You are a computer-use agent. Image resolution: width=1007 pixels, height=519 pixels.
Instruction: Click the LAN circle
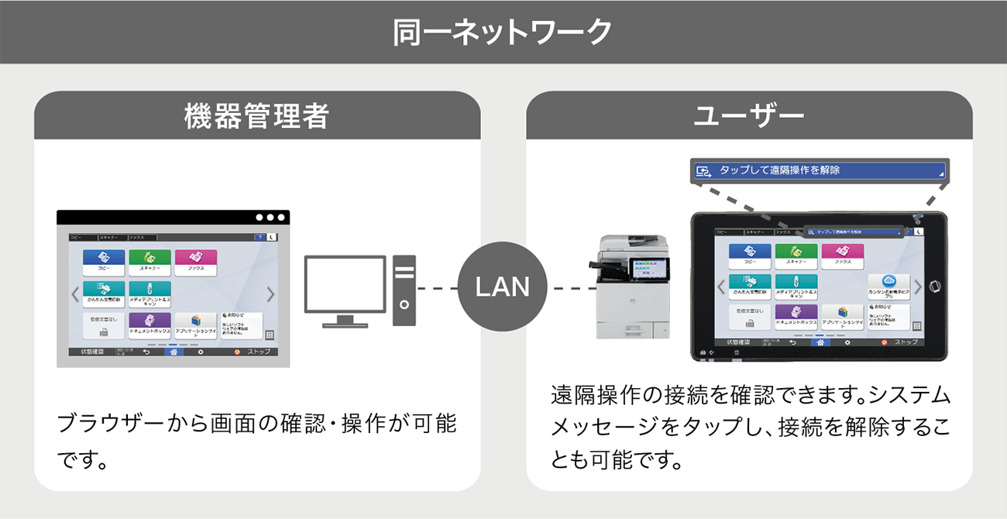pos(502,287)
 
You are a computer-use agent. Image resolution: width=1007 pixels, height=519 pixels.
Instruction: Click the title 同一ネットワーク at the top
pos(503,32)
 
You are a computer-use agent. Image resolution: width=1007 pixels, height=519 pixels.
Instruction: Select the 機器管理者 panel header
pos(256,116)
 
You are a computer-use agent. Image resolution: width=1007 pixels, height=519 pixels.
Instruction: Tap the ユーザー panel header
pos(749,116)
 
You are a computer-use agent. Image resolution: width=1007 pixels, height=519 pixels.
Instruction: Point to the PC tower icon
pos(404,290)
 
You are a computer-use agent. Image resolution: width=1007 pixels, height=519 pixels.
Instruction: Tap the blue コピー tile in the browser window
pos(104,262)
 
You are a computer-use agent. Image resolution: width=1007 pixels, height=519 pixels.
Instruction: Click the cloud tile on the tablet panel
pos(888,287)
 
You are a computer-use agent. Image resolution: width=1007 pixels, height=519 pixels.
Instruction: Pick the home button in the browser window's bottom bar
pos(174,352)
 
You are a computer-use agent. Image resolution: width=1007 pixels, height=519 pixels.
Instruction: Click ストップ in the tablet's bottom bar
pos(900,342)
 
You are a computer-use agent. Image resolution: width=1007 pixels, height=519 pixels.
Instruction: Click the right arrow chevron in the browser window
pos(270,294)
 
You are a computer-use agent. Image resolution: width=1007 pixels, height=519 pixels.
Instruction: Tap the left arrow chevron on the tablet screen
pos(721,287)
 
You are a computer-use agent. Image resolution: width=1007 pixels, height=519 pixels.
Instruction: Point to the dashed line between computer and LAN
pos(437,288)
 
